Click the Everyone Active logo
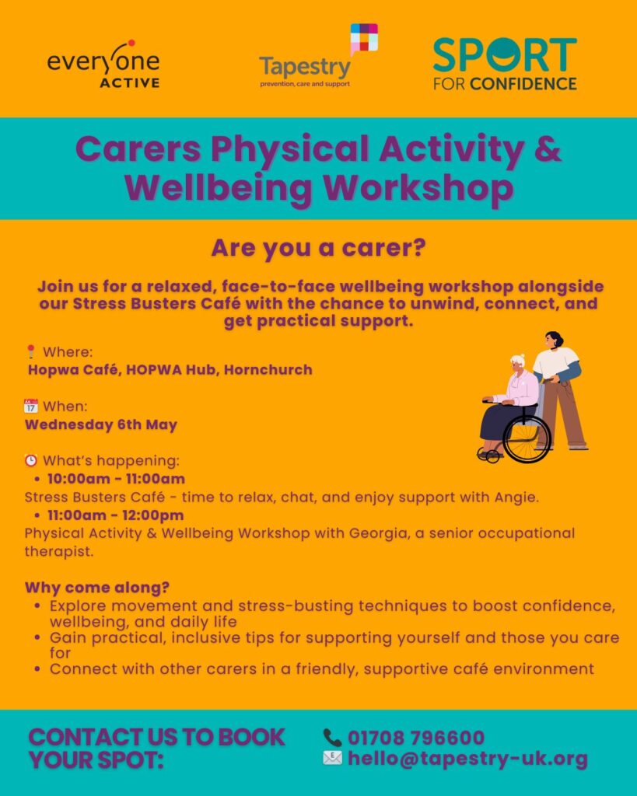[103, 64]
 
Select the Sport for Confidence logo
[505, 64]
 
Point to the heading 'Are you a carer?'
[319, 248]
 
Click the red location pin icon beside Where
[31, 351]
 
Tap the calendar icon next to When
[31, 406]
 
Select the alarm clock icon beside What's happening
[31, 460]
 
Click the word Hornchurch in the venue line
[268, 369]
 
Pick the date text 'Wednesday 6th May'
[101, 424]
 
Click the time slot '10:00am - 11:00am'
[117, 479]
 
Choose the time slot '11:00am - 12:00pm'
[116, 515]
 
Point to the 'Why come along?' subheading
[97, 588]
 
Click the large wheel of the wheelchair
[527, 438]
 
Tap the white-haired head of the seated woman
[519, 363]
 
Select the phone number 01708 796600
[416, 738]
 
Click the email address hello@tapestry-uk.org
[467, 759]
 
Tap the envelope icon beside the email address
[333, 758]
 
